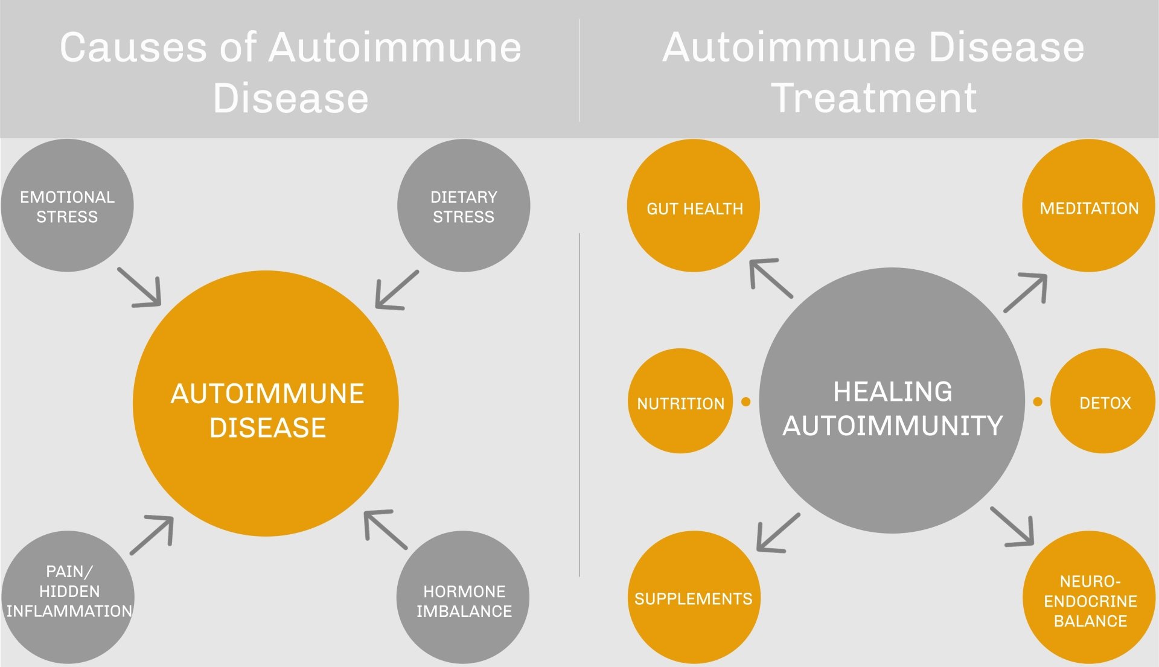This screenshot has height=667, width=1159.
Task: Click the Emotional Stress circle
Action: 67,206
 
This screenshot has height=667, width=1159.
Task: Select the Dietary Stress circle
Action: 464,206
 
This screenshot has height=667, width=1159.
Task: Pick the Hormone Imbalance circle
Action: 463,598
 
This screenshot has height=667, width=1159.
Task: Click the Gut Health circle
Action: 694,206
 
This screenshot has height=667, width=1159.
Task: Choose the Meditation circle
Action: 1088,206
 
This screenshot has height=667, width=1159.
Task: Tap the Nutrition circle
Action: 680,401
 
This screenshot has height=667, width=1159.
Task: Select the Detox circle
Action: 1103,401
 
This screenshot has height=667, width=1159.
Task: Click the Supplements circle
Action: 694,598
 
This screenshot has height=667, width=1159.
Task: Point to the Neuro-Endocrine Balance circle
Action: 1089,598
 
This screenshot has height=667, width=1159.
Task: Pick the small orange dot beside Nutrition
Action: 746,401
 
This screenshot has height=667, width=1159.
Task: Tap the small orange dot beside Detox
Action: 1038,401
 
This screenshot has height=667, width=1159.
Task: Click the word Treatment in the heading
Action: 873,98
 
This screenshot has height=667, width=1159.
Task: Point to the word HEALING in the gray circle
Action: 893,392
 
